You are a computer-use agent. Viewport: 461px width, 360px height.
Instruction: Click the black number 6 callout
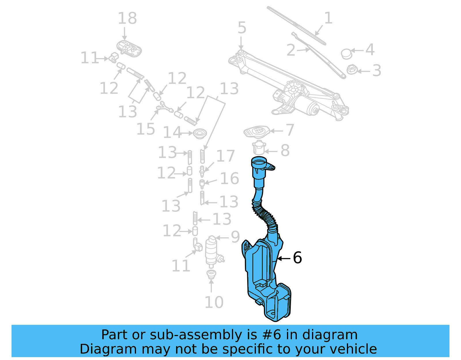[297, 257]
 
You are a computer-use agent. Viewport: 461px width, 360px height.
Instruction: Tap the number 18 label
[127, 18]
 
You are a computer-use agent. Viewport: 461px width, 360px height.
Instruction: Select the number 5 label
[242, 28]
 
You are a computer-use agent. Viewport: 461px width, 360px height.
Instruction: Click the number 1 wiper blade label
[328, 18]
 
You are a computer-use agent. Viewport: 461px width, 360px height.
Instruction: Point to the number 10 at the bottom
[214, 302]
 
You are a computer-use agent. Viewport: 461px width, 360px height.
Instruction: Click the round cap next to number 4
[346, 54]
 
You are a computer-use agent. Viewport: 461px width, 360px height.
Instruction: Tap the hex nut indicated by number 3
[352, 69]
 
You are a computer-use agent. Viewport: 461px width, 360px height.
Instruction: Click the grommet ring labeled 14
[200, 133]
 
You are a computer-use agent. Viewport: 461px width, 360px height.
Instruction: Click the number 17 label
[225, 156]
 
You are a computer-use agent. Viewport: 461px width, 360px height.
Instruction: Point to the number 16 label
[229, 178]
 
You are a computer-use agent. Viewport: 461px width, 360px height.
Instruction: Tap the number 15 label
[146, 129]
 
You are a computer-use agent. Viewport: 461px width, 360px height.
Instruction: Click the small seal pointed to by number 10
[211, 274]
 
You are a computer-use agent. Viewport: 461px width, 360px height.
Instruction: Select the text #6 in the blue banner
[271, 335]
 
